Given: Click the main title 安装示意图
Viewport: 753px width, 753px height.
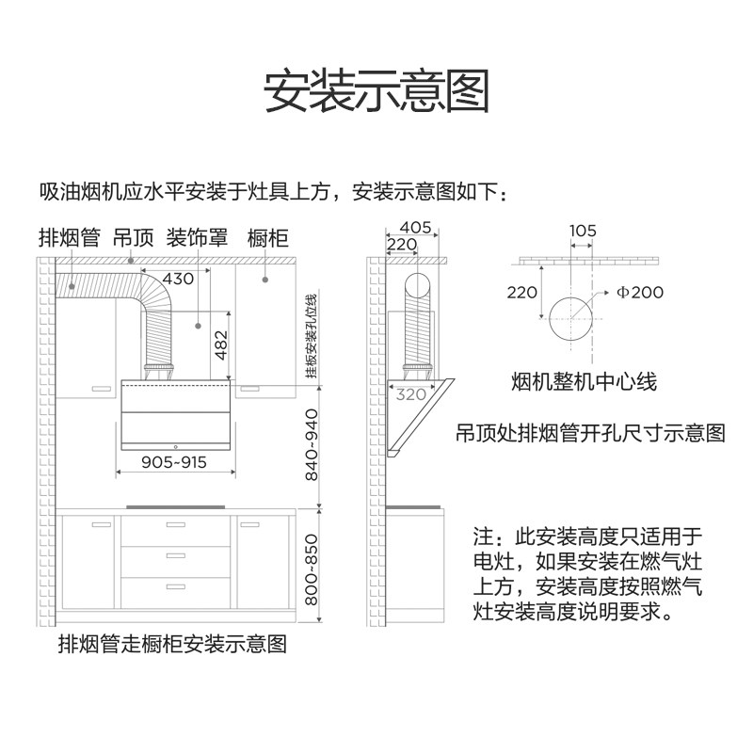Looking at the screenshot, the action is click(376, 91).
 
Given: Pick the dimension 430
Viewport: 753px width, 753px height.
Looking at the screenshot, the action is click(177, 279).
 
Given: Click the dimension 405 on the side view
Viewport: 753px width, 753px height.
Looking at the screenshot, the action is click(414, 227).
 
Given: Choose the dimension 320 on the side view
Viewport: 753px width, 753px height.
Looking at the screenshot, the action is click(410, 395).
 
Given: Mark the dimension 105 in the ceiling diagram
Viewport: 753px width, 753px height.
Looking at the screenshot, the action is click(583, 230).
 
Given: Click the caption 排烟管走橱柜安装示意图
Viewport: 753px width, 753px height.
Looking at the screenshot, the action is click(172, 645).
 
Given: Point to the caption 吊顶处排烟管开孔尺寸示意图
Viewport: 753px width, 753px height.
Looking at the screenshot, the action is click(590, 433).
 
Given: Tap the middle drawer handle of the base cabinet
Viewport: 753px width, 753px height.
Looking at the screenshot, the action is click(174, 557).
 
